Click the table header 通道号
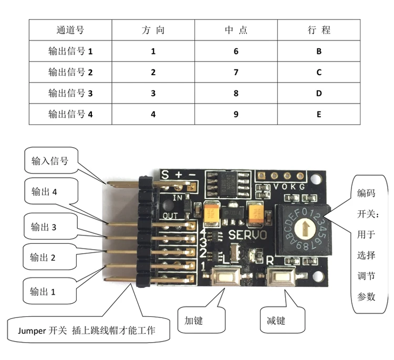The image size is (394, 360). pos(70,30)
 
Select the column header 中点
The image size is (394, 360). pos(236,30)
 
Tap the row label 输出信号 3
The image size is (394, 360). pos(70,93)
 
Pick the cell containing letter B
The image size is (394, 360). pos(319,52)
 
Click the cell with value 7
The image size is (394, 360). pos(236,72)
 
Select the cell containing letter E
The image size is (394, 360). pos(319,114)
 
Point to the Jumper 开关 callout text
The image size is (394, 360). pos(87,331)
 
